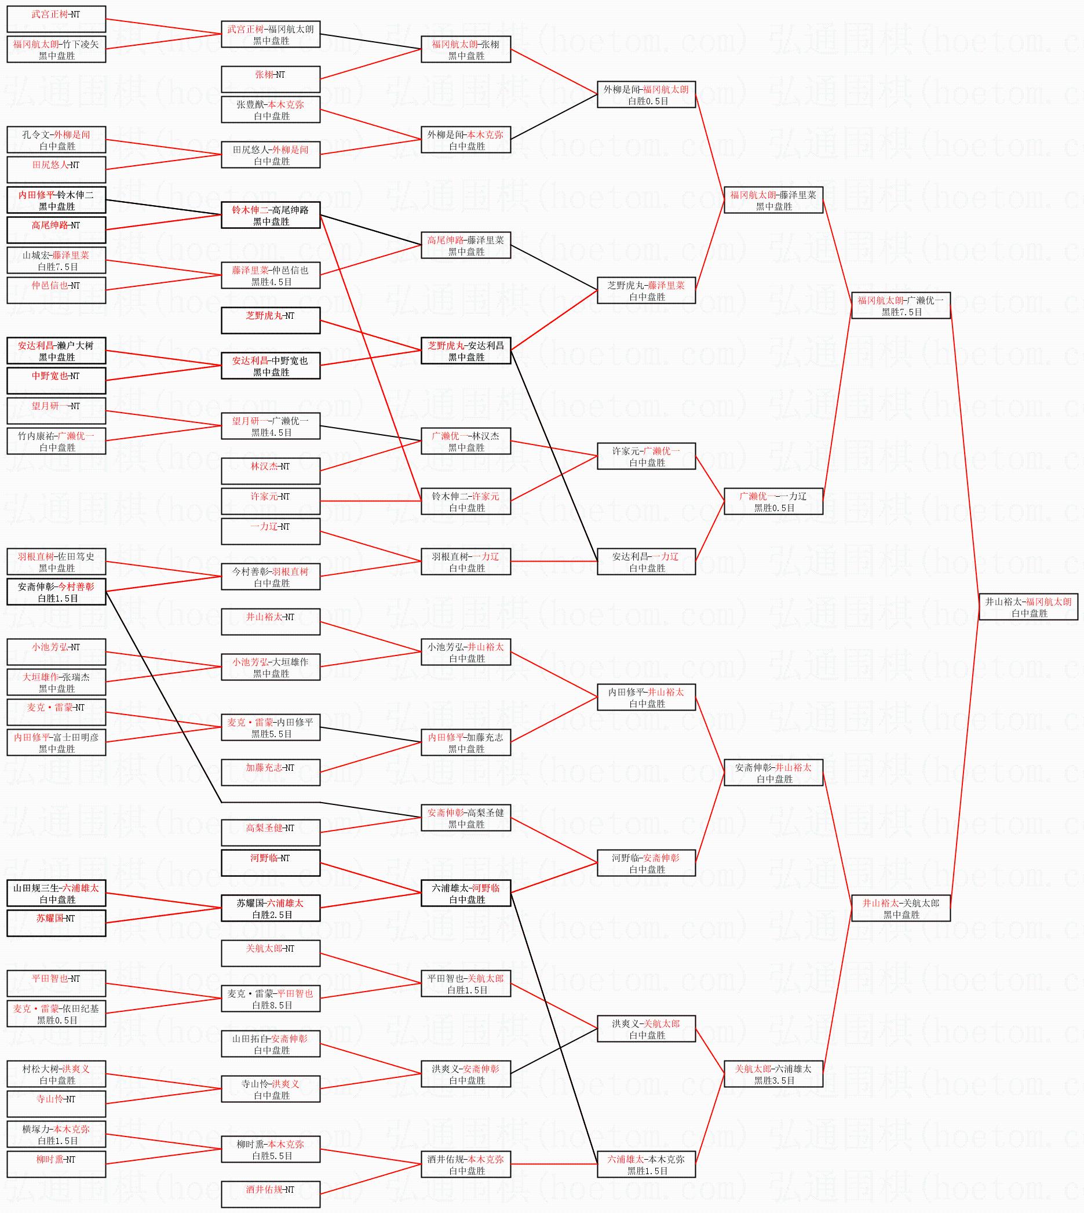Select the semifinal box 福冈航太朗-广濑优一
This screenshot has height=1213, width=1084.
900,305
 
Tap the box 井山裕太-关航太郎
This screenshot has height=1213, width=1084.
900,908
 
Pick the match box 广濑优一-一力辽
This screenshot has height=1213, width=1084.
773,501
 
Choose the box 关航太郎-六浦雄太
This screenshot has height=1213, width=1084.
773,1073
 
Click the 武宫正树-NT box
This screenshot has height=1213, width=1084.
57,19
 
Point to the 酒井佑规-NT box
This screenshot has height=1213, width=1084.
271,1194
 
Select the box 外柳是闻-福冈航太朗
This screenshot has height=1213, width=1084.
646,94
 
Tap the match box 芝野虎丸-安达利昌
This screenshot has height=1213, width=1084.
466,351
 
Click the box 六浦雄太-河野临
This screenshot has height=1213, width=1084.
466,893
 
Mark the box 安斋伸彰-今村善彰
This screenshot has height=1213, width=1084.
57,592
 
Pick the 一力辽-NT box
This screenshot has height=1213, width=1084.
271,531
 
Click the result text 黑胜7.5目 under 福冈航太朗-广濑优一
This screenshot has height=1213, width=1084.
901,312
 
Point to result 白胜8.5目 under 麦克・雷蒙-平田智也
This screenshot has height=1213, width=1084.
272,1005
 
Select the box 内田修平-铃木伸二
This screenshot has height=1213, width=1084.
57,200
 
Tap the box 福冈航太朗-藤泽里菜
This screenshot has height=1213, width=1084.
773,200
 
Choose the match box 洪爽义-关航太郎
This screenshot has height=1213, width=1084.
646,1028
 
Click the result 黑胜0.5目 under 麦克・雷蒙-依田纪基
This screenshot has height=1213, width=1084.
57,1020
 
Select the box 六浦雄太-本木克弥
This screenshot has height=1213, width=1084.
646,1164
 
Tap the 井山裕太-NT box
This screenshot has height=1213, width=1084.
271,621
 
